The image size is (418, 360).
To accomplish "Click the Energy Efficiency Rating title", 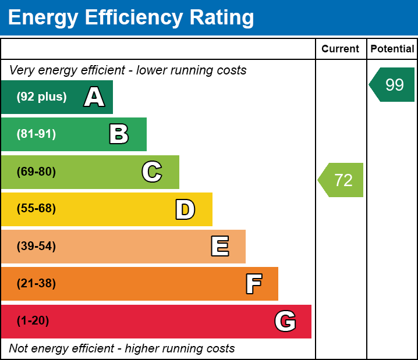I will pos(131,18).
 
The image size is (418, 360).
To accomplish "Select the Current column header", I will pos(341,49).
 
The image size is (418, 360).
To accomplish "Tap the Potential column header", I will pos(392,49).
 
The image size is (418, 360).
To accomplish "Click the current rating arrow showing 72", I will pos(342,180).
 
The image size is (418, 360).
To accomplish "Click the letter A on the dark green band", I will pos(94,97).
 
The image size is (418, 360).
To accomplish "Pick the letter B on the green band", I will pos(119,134).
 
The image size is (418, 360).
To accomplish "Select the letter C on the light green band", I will pos(152,172).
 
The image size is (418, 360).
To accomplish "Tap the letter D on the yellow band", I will pos(185,209).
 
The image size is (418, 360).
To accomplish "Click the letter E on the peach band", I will pos(219,247).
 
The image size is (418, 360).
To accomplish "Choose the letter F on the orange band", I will pos(253,284).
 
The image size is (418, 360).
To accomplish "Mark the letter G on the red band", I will pos(285,321).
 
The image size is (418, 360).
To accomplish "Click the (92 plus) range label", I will pos(41,97).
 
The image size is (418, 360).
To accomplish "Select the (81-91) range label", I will pos(36,134).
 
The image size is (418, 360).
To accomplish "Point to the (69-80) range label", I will pos(36,172).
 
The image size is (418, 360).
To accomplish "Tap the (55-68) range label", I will pos(36,209).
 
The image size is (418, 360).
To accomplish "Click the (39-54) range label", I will pos(36,247).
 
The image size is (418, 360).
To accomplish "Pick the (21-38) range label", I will pos(36,284).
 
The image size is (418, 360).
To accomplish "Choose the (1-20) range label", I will pos(33,321).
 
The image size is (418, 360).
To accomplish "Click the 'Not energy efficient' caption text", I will pos(122,349).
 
